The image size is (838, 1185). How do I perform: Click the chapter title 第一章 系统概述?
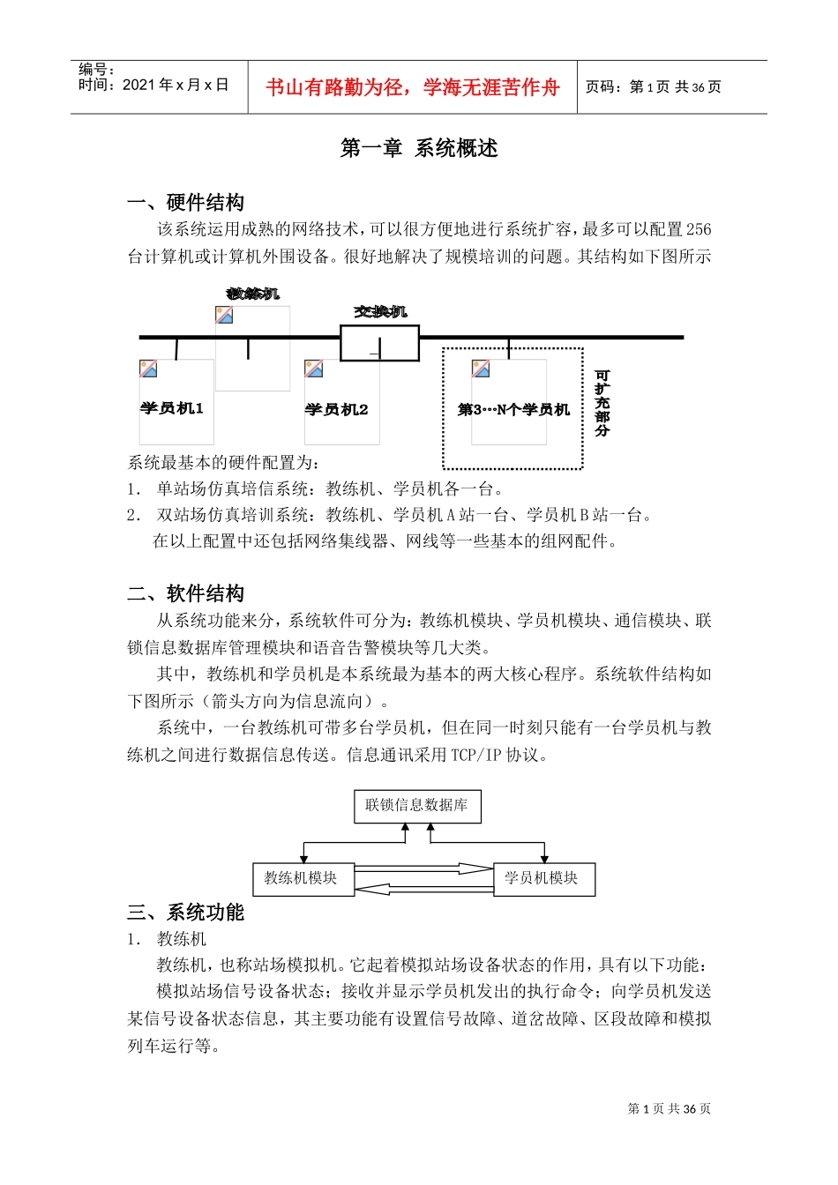coord(419,148)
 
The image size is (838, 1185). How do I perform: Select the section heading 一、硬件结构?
coord(186,203)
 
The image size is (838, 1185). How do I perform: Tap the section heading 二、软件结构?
coord(186,593)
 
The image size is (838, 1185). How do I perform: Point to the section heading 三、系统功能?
coord(186,912)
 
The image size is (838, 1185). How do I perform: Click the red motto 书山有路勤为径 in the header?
coord(413,87)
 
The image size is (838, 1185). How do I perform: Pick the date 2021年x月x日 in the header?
coord(176,85)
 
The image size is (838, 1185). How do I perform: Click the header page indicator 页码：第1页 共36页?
coord(654,87)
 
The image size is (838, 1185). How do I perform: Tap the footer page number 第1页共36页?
coord(669,1108)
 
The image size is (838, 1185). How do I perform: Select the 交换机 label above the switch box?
coord(381,311)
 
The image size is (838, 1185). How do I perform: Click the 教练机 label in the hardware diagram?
coord(253,293)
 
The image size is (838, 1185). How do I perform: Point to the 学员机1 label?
coord(172,408)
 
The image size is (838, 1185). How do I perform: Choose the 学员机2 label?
coord(337,409)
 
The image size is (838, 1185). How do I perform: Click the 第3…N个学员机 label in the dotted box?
coord(514,409)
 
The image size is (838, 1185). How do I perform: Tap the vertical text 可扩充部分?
coord(602,404)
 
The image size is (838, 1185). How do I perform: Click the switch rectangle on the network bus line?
coord(379,343)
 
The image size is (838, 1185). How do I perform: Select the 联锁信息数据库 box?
coord(417,805)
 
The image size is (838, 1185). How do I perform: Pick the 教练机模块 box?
coord(302,878)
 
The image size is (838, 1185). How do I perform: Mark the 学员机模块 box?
coord(542,878)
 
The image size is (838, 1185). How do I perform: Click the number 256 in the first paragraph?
coord(698,229)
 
